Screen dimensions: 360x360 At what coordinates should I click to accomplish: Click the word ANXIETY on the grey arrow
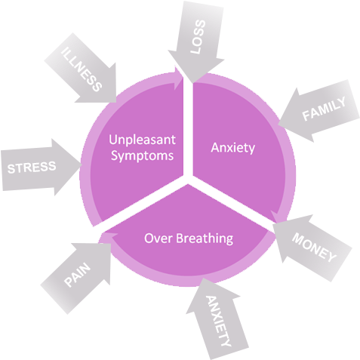pos(219,320)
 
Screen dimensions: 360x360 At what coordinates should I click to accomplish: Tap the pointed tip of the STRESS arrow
pos(78,161)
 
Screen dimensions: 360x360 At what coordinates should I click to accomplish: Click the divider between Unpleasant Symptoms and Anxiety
pos(187,128)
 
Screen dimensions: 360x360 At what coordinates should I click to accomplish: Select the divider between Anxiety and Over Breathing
pos(230,205)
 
